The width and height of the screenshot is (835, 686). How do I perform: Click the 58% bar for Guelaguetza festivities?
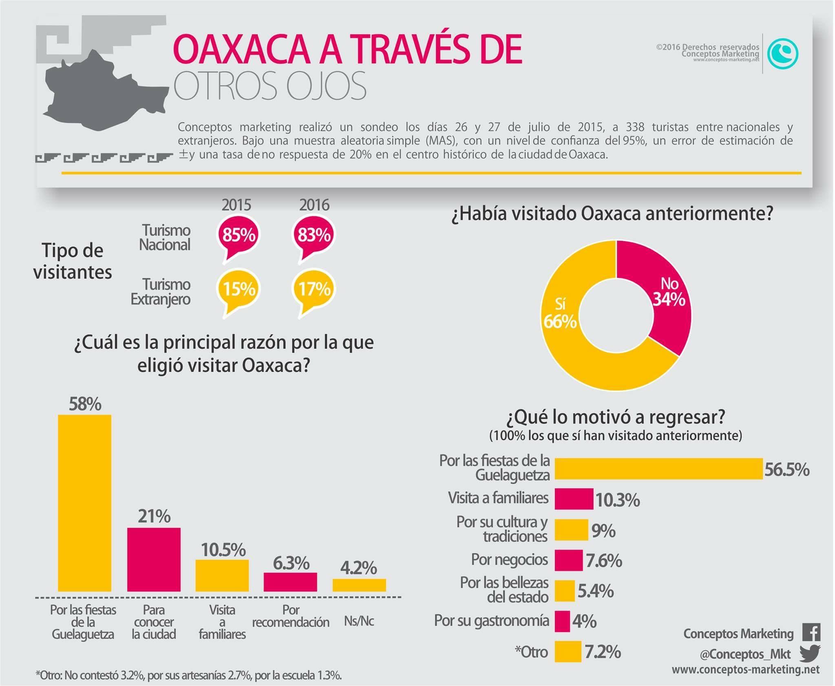coord(84,503)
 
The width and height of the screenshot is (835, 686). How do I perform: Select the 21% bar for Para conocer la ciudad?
coord(154,559)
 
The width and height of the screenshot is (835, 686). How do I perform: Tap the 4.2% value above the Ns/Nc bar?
coord(358,568)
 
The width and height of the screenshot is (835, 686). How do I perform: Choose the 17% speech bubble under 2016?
coord(314,290)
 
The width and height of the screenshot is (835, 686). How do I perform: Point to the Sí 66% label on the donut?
coord(560,314)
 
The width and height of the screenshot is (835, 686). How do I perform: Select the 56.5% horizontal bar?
coord(658,468)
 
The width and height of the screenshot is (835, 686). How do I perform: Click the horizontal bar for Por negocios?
coord(568,560)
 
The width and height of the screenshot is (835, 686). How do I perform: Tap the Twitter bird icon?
coord(810,654)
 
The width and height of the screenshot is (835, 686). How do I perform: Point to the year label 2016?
coord(314,205)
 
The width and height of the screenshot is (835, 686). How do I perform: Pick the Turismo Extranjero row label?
coord(161,292)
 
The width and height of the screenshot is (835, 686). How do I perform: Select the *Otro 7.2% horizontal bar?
coord(568,652)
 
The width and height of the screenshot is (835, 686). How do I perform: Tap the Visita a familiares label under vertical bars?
coord(222,622)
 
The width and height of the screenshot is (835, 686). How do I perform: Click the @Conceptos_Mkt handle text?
coord(745,654)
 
